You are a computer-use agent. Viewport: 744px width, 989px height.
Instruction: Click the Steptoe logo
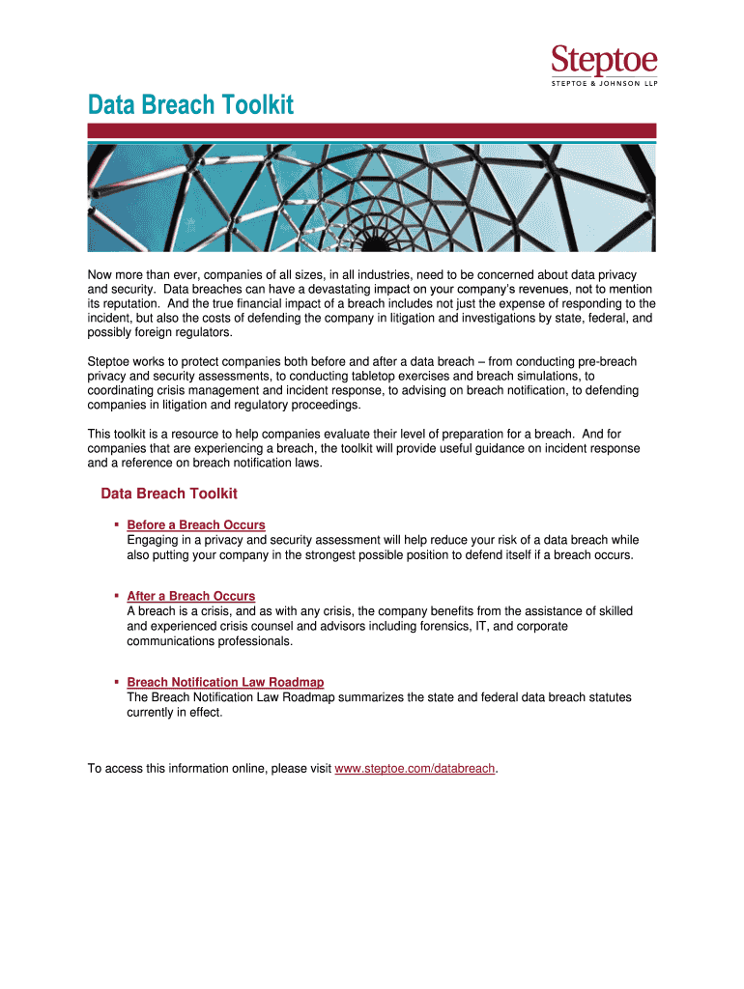tap(604, 62)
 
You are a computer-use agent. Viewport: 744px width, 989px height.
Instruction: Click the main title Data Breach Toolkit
tap(190, 104)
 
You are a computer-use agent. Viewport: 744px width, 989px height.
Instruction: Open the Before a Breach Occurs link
tap(196, 524)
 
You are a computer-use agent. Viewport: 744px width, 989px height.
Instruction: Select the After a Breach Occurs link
tap(191, 596)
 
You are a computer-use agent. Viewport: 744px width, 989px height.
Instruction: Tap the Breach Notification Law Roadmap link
tap(225, 682)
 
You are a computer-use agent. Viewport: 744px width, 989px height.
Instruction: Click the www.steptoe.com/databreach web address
tap(415, 769)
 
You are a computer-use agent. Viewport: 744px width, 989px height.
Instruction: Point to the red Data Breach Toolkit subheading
tap(169, 494)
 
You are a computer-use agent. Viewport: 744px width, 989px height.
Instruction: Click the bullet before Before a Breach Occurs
tap(116, 523)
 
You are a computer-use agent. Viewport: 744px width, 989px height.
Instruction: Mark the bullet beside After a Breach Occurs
tap(116, 595)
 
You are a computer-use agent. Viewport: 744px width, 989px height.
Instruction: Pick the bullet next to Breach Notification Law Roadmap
tap(116, 681)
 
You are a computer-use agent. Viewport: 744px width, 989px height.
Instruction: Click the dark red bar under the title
tap(372, 130)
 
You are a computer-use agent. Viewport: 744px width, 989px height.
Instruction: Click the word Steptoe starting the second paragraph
tap(111, 361)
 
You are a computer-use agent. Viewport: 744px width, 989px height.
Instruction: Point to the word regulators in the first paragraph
tap(204, 333)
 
